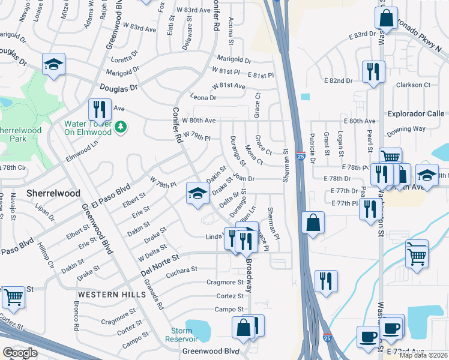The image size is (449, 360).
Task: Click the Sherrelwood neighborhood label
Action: tap(53, 193)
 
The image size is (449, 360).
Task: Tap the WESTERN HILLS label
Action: tap(111, 295)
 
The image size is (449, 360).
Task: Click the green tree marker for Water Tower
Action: tap(121, 126)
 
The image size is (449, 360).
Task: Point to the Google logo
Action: tap(20, 353)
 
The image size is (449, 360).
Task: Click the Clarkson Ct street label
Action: tap(413, 85)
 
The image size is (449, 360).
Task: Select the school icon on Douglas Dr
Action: tap(53, 64)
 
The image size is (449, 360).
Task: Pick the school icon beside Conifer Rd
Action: tap(197, 193)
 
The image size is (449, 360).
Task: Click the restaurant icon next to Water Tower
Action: tap(100, 109)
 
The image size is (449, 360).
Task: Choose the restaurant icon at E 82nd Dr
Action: tap(373, 71)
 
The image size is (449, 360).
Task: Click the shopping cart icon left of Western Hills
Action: tap(13, 296)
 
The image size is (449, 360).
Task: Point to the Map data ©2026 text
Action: tap(423, 355)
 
